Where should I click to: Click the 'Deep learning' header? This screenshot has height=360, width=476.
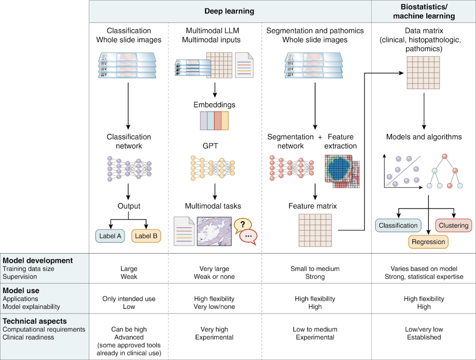230,11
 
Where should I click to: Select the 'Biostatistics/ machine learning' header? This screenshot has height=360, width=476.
424,11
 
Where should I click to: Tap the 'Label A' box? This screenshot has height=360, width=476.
110,236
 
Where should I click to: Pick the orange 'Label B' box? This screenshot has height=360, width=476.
146,236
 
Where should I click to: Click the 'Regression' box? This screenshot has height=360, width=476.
428,242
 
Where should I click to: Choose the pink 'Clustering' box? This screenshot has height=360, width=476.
453,226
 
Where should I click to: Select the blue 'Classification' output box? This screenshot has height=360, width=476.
398,226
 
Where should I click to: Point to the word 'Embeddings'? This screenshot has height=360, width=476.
214,105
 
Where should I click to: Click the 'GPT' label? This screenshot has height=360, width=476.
210,146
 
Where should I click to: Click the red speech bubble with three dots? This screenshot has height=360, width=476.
248,236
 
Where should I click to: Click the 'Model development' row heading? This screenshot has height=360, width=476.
38,261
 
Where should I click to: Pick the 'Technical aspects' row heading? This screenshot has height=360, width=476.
35,321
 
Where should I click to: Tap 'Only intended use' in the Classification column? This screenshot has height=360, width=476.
129,299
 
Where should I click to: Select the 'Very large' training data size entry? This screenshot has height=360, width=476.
214,268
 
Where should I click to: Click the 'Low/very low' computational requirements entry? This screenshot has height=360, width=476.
424,329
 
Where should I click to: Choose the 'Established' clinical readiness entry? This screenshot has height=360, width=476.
424,337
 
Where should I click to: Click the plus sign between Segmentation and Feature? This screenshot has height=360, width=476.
320,137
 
